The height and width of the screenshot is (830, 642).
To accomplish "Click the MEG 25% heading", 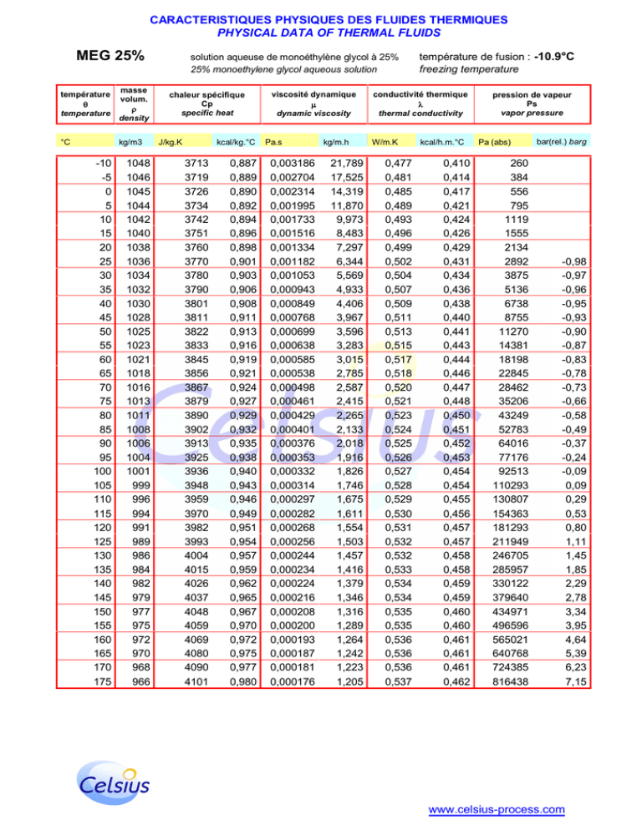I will point(110,56).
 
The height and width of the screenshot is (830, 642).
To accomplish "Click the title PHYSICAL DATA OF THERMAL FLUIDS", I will point(320,33).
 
